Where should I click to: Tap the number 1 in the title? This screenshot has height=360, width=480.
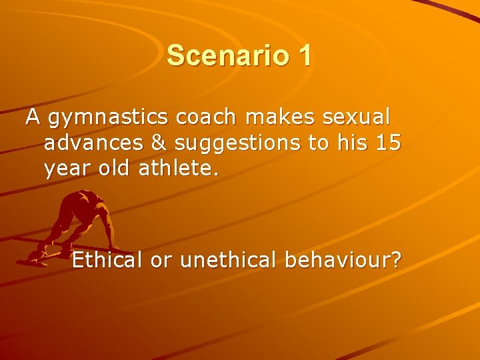304,55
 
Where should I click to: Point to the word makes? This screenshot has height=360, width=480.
281,117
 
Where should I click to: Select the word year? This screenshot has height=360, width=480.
65,170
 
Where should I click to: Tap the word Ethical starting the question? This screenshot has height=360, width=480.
108,260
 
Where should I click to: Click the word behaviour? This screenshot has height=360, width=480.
337,260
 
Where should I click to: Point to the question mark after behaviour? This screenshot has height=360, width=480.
396,260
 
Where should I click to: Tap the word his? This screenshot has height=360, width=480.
345,143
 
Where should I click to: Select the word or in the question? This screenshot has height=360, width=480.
160,261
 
